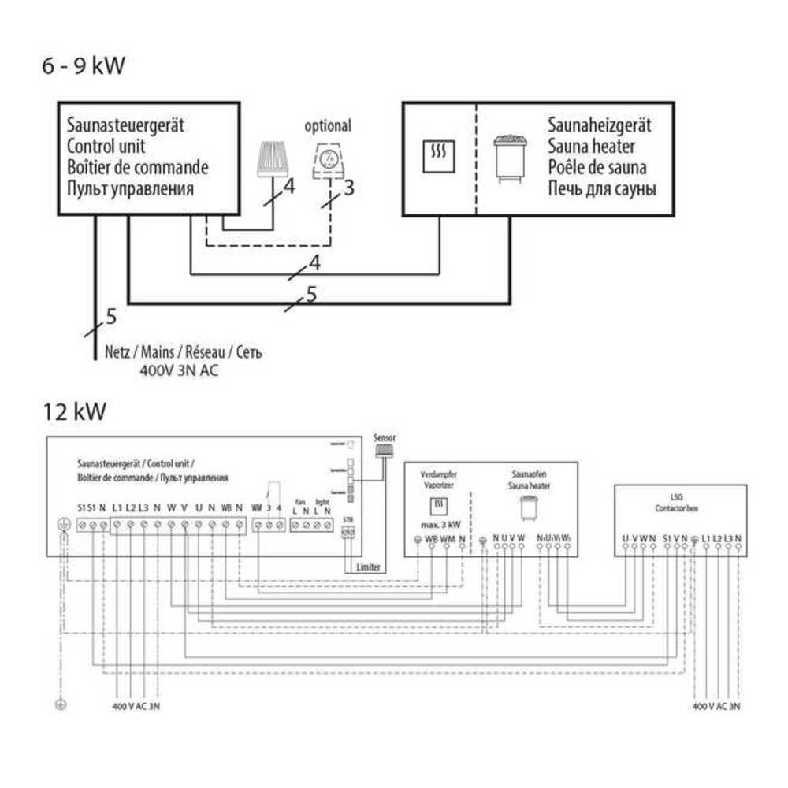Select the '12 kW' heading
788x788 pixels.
point(74,411)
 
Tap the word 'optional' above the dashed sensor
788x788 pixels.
point(328,126)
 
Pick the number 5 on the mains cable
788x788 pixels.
point(110,317)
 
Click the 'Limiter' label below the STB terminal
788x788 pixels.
point(369,567)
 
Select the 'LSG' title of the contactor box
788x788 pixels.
point(678,498)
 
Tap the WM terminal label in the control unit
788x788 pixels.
point(256,506)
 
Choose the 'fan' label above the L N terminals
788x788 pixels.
point(299,500)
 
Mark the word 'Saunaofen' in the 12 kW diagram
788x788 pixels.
point(524,475)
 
